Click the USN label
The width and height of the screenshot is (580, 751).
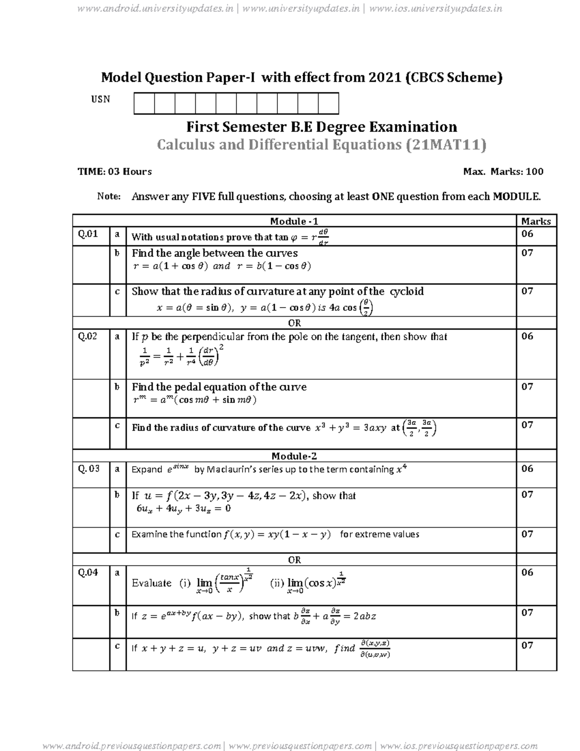[x=101, y=99]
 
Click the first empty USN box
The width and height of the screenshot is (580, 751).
[x=144, y=104]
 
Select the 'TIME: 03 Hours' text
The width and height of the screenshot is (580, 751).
[x=115, y=172]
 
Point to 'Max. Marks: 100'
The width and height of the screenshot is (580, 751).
[x=503, y=172]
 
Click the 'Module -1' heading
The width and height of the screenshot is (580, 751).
[x=294, y=221]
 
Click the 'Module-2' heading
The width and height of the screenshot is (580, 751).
[x=294, y=456]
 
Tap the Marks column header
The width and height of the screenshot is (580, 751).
[x=536, y=221]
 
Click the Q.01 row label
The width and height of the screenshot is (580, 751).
[x=88, y=234]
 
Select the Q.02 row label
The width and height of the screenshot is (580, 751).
[x=88, y=337]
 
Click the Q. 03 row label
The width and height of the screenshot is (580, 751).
[x=89, y=469]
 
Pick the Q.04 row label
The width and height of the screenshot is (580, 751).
[x=88, y=573]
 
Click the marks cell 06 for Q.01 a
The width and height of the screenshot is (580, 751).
[x=527, y=234]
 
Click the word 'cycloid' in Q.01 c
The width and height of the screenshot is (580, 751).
[x=406, y=292]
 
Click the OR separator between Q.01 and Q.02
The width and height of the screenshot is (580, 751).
[x=294, y=323]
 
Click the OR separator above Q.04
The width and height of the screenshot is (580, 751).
[x=294, y=560]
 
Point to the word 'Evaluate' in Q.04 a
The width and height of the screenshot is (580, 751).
[x=151, y=583]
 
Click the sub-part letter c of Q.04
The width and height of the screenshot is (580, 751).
[x=117, y=646]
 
